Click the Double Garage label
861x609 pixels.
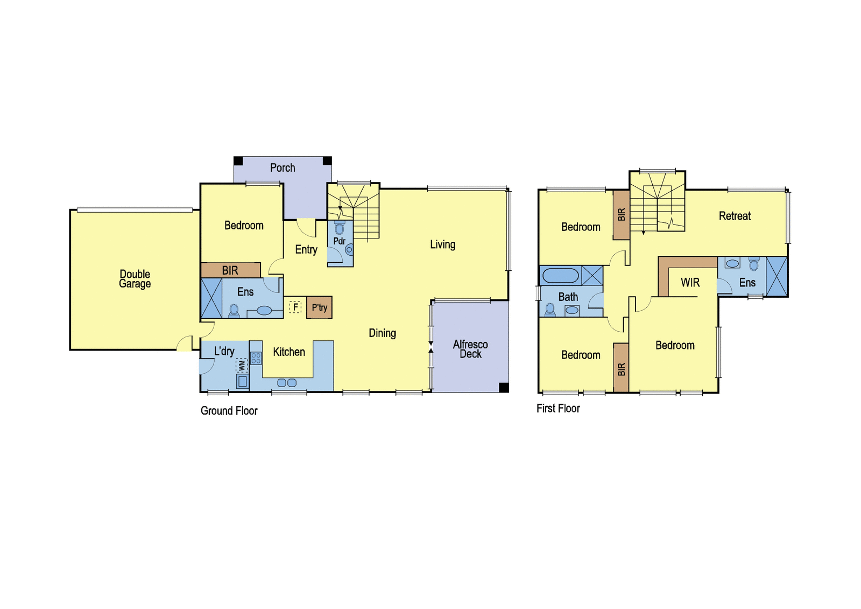[135, 279]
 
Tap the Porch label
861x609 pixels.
[283, 168]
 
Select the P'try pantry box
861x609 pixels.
[319, 307]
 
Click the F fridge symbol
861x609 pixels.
[295, 307]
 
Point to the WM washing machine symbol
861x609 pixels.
[242, 366]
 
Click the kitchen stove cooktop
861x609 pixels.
[256, 358]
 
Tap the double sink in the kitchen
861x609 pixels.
[287, 383]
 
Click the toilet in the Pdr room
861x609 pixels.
[340, 228]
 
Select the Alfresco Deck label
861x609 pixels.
[470, 349]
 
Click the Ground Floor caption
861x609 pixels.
[229, 411]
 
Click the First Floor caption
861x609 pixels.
[558, 408]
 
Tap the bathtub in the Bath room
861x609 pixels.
[560, 276]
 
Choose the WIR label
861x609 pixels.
[690, 283]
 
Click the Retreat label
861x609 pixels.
[735, 216]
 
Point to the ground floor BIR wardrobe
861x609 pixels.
[231, 270]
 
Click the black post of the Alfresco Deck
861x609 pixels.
[504, 387]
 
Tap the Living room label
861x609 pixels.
[442, 244]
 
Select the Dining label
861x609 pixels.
[382, 333]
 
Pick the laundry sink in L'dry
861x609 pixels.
[242, 382]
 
